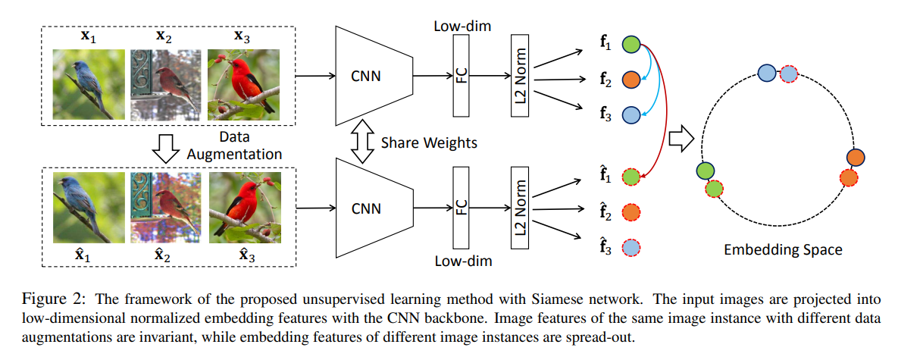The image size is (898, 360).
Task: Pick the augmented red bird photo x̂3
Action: tap(244, 207)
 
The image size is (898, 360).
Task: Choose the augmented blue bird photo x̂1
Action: tap(88, 207)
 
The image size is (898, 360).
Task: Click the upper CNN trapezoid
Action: tap(368, 75)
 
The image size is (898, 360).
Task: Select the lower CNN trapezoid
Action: tap(368, 205)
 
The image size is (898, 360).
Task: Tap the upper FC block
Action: tap(462, 75)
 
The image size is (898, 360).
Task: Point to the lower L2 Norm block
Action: tap(519, 205)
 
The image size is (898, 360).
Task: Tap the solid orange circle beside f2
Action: tap(631, 79)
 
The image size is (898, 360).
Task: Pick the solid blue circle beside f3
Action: tap(631, 114)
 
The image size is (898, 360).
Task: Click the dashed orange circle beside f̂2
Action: tap(631, 212)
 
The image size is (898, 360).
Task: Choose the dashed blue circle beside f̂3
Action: tap(631, 247)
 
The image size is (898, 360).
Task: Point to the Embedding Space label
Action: tap(783, 249)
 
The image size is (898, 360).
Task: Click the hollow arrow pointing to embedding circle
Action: tap(682, 139)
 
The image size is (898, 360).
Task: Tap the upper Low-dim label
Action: tap(462, 27)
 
